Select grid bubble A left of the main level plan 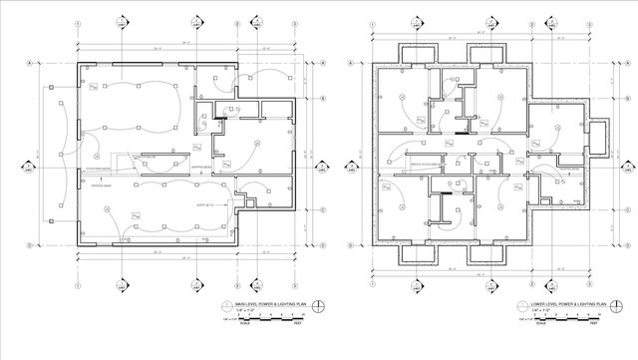click(30, 63)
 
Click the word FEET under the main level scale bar click(298, 325)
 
